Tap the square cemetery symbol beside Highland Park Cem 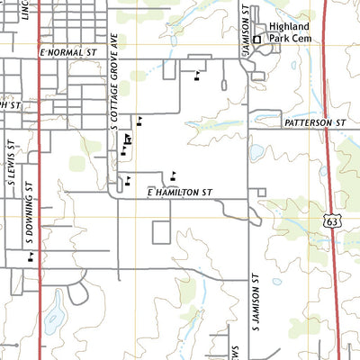point(256,40)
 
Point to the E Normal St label point(67,54)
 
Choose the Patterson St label point(315,121)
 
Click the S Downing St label point(29,211)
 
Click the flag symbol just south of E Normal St point(196,75)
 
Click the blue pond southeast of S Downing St point(55,316)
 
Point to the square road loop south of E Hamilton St point(160,231)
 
